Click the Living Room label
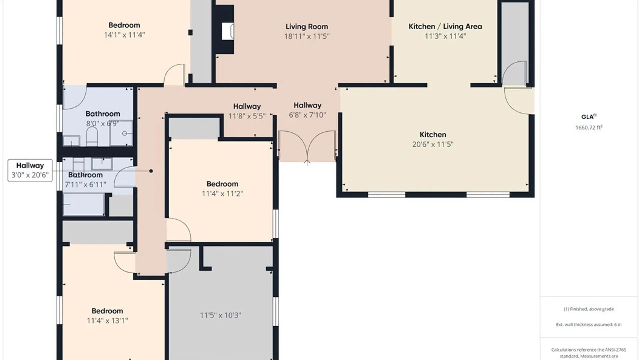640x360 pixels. pyautogui.click(x=307, y=27)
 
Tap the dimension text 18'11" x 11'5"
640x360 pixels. pyautogui.click(x=307, y=36)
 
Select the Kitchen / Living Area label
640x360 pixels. pyautogui.click(x=445, y=26)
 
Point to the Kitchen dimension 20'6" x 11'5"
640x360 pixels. pyautogui.click(x=433, y=144)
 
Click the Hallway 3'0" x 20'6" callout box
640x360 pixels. pyautogui.click(x=30, y=170)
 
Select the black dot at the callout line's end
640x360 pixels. pyautogui.click(x=151, y=171)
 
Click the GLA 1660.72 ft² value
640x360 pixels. pyautogui.click(x=589, y=127)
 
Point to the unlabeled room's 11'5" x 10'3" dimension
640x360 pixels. pyautogui.click(x=220, y=315)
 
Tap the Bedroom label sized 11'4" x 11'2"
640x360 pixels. pyautogui.click(x=222, y=184)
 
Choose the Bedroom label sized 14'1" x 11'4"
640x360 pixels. pyautogui.click(x=124, y=25)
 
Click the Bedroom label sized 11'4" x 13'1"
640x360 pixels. pyautogui.click(x=107, y=311)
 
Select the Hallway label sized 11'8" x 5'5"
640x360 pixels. pyautogui.click(x=247, y=106)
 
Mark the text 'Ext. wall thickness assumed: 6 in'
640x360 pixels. pyautogui.click(x=589, y=324)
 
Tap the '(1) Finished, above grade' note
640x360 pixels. pyautogui.click(x=589, y=309)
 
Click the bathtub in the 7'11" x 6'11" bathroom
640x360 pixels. pyautogui.click(x=83, y=204)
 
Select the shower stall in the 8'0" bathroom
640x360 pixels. pyautogui.click(x=121, y=133)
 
